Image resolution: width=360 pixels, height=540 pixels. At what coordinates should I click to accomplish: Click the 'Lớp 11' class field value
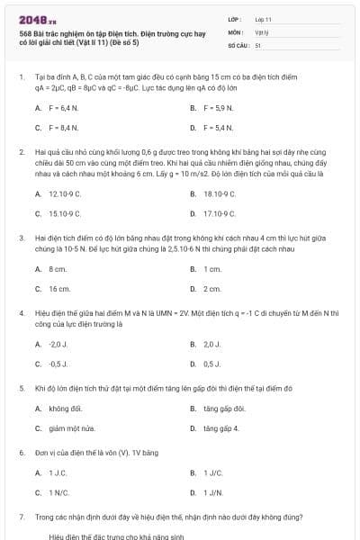point(263,19)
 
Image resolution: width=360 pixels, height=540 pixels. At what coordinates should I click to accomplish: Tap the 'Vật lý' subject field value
point(262,31)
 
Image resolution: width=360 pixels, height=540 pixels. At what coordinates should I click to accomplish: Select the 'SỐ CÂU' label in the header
point(238,44)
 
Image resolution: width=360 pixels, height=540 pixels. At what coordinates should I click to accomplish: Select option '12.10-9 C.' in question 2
point(65,193)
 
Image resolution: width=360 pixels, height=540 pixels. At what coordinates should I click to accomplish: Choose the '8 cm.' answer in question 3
point(58,268)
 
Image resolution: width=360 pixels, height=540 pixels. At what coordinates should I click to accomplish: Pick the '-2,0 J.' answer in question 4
point(58,343)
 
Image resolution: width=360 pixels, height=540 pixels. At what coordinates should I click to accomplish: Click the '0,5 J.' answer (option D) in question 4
point(212,364)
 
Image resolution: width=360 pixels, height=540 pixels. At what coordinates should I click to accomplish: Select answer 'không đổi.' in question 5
point(65,408)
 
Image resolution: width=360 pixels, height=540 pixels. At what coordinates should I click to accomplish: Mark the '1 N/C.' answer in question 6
point(59,492)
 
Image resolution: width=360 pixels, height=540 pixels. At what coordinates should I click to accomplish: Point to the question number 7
point(22,517)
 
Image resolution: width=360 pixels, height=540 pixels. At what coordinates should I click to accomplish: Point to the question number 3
point(22,238)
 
